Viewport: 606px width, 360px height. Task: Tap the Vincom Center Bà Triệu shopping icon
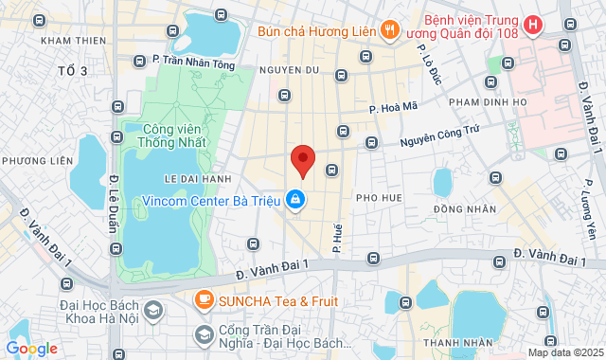[296, 200]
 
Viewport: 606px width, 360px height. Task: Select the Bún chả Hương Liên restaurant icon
[389, 30]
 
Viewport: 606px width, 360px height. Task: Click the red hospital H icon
[534, 25]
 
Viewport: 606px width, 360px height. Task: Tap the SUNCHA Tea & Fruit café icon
[203, 300]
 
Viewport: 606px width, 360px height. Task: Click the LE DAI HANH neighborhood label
[198, 178]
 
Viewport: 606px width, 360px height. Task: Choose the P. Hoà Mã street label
[394, 110]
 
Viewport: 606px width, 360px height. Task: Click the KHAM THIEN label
[72, 40]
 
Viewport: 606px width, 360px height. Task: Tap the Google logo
[31, 349]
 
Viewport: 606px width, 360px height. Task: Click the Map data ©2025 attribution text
[564, 352]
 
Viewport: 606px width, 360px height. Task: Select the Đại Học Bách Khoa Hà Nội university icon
[151, 310]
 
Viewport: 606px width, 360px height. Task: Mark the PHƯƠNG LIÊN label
[37, 161]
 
